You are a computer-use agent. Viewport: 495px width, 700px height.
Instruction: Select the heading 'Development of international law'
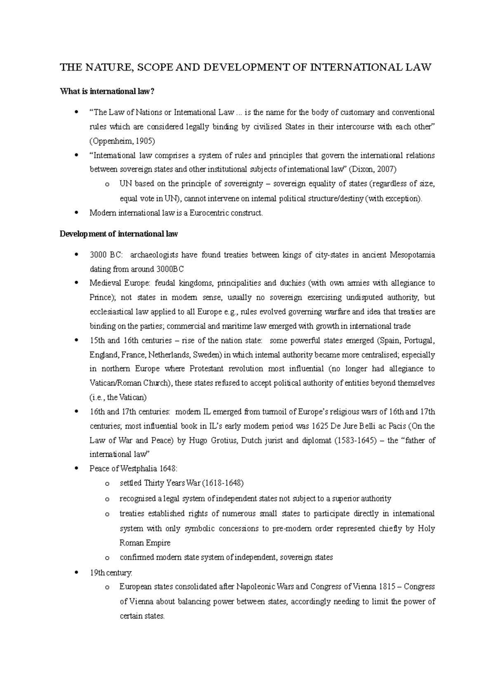(x=119, y=234)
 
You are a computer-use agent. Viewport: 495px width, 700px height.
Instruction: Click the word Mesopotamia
(x=412, y=255)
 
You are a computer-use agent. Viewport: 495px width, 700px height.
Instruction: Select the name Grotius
(x=219, y=440)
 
